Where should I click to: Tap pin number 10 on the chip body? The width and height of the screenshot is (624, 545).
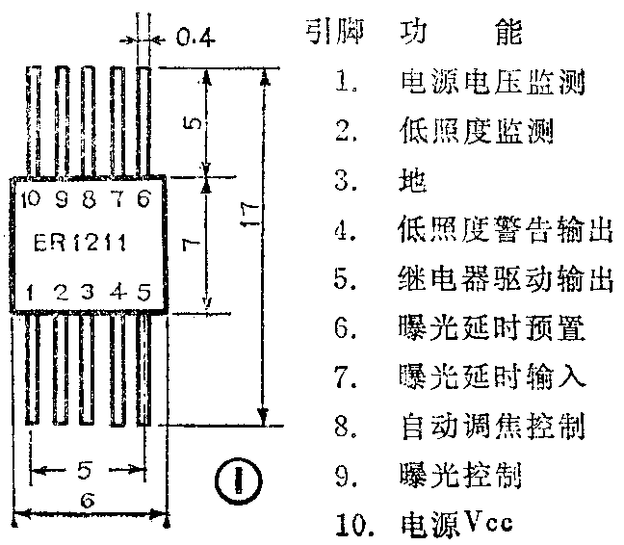click(x=29, y=200)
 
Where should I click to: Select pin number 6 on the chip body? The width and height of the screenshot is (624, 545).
click(x=144, y=199)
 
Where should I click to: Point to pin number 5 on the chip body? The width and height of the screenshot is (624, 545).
click(x=144, y=290)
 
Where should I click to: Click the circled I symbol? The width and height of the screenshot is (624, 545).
click(x=232, y=479)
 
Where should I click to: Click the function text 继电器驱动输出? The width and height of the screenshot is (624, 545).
click(x=504, y=280)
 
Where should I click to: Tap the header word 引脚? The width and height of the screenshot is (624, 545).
click(x=329, y=34)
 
